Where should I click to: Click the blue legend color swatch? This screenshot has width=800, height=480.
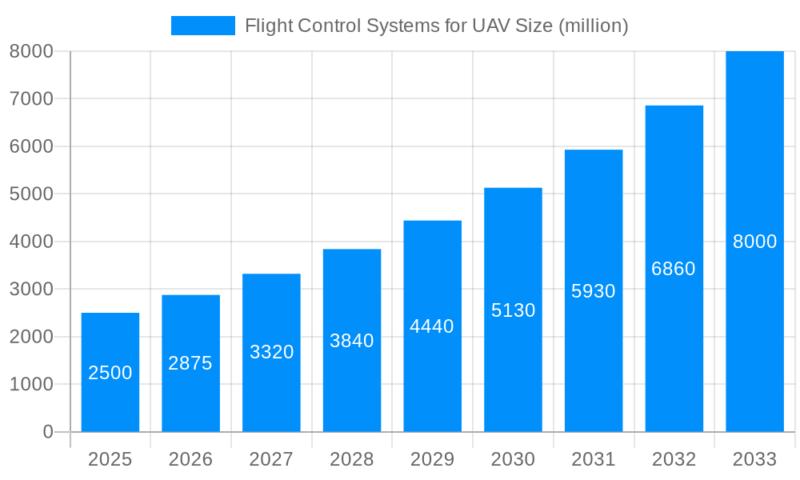(203, 26)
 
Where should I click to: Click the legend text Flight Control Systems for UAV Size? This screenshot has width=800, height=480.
(436, 26)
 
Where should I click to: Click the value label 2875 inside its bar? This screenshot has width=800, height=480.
(190, 363)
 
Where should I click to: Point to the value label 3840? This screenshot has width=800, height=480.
(352, 341)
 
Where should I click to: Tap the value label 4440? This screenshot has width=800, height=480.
(432, 326)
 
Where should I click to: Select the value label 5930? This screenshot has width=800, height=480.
(594, 291)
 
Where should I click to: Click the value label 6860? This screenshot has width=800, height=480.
(674, 269)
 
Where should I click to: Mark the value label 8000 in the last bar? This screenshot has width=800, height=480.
(754, 242)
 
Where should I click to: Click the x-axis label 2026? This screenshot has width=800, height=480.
(190, 459)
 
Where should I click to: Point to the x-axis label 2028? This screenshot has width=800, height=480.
(352, 459)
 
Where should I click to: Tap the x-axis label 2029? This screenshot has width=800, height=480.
(432, 459)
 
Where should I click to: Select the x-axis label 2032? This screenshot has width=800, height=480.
(674, 459)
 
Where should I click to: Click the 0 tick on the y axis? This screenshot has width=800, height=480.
(47, 432)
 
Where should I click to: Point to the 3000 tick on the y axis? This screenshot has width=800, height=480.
(31, 289)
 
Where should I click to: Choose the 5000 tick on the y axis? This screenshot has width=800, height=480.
(31, 194)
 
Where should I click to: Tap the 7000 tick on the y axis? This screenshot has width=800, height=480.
(31, 98)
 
